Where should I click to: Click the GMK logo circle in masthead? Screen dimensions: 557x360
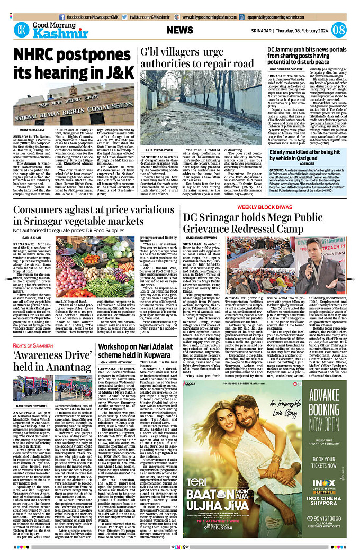[x=22, y=30]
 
